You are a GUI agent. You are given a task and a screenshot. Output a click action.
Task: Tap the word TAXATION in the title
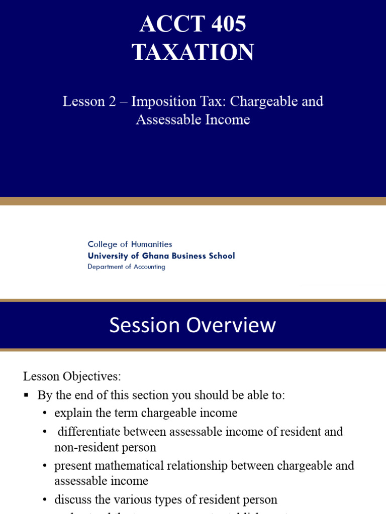tap(193, 52)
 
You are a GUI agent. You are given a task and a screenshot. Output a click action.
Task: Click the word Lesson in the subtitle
tap(83, 101)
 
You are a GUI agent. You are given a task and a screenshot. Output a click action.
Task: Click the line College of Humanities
tap(130, 244)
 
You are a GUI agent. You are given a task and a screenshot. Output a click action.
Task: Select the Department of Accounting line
tap(126, 267)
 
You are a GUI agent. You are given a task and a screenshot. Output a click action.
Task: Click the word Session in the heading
tap(144, 325)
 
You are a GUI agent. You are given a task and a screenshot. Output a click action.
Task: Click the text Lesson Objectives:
tap(72, 376)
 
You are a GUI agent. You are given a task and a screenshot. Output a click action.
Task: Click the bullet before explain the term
tap(45, 413)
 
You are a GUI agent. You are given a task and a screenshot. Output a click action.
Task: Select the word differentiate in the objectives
tap(87, 431)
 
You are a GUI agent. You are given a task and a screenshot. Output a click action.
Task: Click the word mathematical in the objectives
tap(128, 465)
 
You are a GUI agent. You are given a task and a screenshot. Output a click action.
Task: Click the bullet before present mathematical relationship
tap(45, 466)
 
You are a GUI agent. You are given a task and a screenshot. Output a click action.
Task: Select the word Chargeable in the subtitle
tap(265, 101)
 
